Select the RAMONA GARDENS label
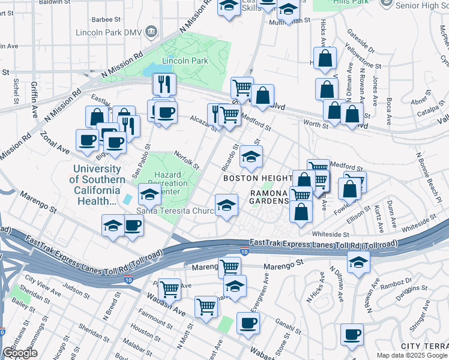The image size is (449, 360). (270, 197)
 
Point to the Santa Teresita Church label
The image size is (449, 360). (175, 211)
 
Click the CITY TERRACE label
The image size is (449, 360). (424, 347)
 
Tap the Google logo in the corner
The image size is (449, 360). (20, 353)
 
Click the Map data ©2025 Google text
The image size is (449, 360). (412, 355)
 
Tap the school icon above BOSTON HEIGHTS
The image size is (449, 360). (251, 158)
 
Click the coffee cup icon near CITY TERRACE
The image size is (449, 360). (352, 334)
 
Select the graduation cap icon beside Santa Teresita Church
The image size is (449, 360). (226, 205)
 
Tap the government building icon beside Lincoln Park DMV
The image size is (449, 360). (150, 31)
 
